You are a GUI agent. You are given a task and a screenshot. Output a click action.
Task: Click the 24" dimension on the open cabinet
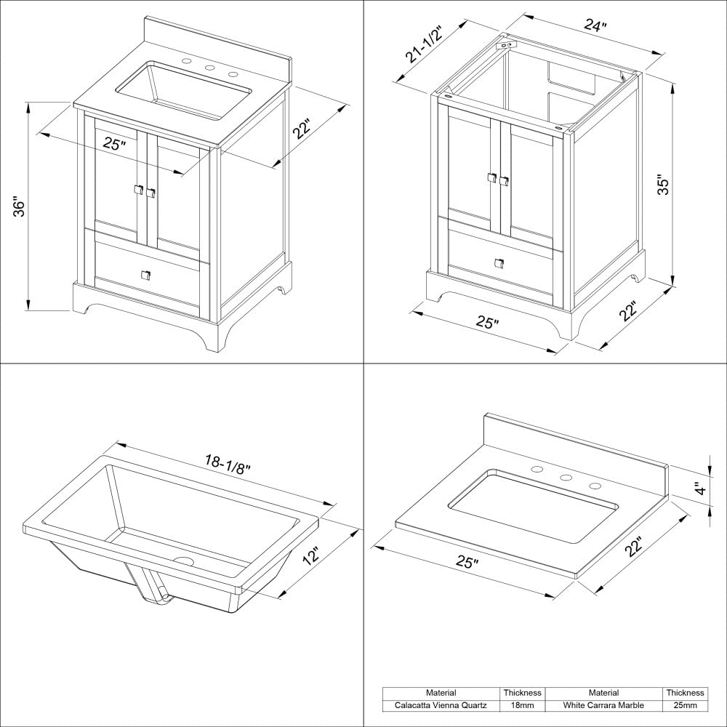[x=595, y=26]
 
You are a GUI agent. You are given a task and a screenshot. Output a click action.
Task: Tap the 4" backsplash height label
[x=700, y=488]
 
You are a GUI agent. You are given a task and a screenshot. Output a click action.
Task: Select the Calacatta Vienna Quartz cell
[x=441, y=705]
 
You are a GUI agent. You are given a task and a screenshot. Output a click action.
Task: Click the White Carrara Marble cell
[x=603, y=705]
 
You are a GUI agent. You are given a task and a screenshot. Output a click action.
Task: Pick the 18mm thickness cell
[x=522, y=705]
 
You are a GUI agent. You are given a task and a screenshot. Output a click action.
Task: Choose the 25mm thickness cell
[x=685, y=705]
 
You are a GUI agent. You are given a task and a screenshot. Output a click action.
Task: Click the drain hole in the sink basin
[x=183, y=561]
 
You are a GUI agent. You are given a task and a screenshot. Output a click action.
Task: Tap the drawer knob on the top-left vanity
[x=145, y=275]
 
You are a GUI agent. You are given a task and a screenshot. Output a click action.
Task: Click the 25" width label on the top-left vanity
[x=114, y=144]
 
